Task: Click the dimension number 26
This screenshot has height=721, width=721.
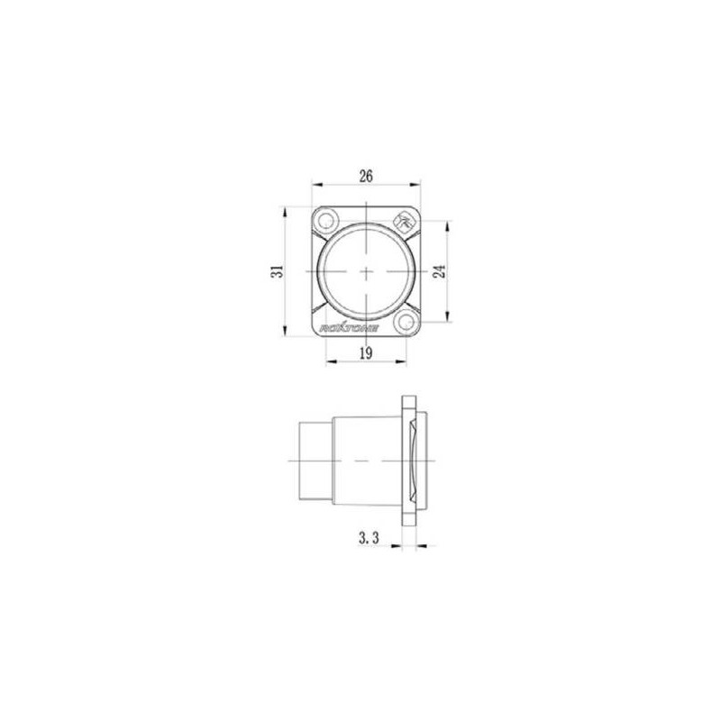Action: click(366, 177)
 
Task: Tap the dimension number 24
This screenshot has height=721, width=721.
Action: click(438, 271)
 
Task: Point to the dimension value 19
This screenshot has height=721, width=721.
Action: click(366, 353)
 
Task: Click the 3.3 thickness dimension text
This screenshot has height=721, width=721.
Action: click(367, 538)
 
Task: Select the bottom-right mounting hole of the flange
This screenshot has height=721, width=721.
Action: click(406, 322)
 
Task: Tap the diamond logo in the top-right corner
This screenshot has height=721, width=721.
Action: click(405, 218)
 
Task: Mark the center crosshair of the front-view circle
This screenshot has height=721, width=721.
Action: click(366, 271)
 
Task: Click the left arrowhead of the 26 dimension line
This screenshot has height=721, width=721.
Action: click(315, 187)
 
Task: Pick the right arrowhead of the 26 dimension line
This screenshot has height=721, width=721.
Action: click(416, 187)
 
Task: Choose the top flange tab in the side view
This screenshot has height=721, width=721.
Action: click(410, 403)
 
